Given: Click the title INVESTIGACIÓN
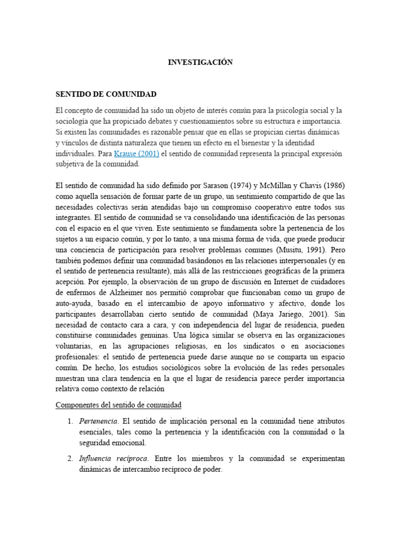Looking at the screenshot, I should pyautogui.click(x=200, y=62).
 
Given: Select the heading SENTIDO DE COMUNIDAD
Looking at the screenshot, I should pyautogui.click(x=106, y=94).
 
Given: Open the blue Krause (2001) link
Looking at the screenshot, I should pyautogui.click(x=136, y=154).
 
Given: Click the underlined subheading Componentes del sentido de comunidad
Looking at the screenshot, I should pyautogui.click(x=118, y=405).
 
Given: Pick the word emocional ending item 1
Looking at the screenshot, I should pyautogui.click(x=133, y=443).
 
